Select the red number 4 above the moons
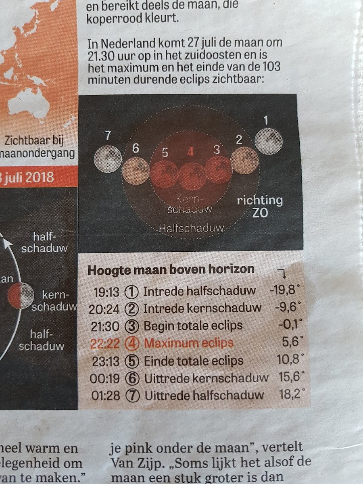tap(191, 152)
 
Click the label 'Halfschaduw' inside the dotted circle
tap(191, 228)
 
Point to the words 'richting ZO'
tap(259, 207)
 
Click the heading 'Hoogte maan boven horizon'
tap(171, 269)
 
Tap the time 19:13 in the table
tap(106, 291)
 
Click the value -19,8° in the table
tap(284, 290)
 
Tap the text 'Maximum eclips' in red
tap(189, 343)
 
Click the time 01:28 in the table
tap(106, 395)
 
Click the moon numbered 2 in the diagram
tap(244, 160)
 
